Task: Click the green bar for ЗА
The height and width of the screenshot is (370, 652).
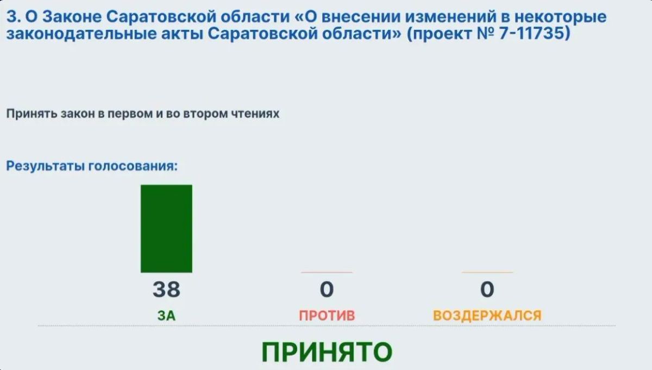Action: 166,229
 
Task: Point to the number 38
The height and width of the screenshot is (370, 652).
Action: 166,290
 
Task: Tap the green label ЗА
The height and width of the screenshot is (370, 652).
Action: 166,316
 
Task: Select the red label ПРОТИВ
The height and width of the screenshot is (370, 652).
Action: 327,316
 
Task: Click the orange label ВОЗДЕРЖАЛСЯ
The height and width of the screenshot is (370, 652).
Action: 487,316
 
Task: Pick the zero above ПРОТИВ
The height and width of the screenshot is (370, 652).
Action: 327,290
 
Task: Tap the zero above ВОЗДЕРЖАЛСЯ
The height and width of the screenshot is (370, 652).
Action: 487,290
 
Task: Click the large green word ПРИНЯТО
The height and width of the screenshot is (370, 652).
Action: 327,352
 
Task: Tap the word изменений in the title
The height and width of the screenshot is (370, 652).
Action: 450,17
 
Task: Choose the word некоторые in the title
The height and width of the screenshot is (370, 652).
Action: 561,17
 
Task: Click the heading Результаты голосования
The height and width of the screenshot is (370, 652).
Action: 92,166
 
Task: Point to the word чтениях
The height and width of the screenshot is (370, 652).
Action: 255,114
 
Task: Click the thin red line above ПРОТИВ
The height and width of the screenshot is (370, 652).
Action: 327,273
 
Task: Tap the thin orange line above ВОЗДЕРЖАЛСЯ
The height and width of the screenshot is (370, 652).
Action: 487,273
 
